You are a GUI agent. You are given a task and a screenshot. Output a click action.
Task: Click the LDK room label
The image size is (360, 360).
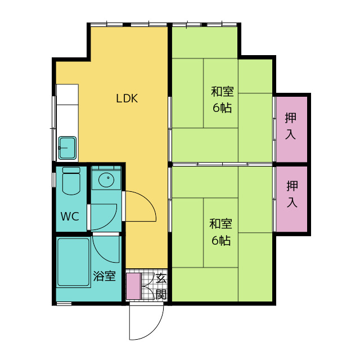coord(127,98)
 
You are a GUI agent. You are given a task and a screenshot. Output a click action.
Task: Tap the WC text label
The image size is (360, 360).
coord(70,216)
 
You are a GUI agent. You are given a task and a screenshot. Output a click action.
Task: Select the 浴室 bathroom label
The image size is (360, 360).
coord(104,276)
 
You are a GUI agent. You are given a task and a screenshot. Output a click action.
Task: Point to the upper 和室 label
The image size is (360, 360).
coord(222,91)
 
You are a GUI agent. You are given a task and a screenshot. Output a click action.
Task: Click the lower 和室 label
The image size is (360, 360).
coord(220,224)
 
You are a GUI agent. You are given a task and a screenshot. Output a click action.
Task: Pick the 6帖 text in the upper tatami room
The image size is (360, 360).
coord(222,107)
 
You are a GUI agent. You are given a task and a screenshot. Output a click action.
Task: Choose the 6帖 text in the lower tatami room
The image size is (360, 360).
coord(221,240)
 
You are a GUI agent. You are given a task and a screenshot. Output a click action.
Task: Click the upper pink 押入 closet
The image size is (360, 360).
coord(291,129)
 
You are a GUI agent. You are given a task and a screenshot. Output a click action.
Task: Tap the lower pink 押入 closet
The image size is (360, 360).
coord(291,199)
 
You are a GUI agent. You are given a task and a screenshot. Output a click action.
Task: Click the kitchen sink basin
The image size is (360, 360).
coord(67,148)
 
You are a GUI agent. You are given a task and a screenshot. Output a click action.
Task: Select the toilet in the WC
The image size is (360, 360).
coord(71,181)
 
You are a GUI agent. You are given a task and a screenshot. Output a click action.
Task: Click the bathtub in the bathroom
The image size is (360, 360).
coord(74,262)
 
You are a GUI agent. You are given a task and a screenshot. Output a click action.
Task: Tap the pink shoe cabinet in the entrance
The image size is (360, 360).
coord(134,286)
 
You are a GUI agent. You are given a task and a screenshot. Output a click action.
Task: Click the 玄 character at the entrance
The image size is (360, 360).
coord(161,278)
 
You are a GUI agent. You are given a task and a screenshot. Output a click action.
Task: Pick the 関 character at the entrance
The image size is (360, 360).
coord(161,294)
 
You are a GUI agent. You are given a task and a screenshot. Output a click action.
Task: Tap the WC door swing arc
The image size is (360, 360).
coord(110,222)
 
